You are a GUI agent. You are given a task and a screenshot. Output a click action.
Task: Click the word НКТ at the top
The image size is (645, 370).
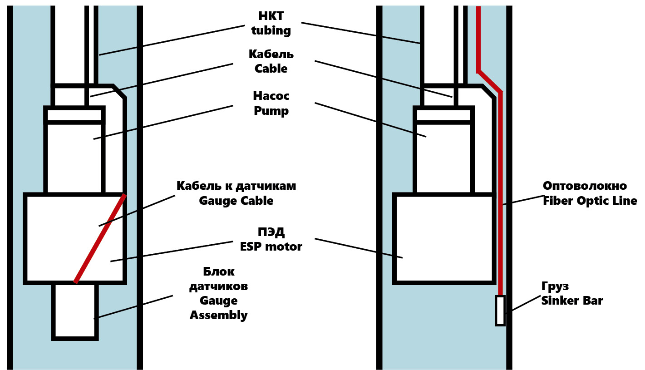(271, 16)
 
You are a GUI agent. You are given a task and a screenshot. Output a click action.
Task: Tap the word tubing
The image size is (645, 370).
(271, 30)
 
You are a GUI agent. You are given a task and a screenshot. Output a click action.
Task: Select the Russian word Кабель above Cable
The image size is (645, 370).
(271, 54)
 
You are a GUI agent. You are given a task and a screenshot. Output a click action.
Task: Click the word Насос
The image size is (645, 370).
(271, 96)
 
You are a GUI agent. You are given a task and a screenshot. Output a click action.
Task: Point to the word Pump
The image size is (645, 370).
(271, 111)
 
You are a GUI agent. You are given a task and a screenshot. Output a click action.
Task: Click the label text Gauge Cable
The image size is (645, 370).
(236, 200)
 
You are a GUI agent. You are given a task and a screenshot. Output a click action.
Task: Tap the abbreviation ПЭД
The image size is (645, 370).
(271, 232)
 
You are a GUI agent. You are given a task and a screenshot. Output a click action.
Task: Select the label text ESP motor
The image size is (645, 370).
(271, 247)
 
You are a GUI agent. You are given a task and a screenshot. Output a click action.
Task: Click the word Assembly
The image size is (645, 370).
(218, 315)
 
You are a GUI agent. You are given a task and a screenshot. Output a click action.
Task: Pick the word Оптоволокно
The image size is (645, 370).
(585, 186)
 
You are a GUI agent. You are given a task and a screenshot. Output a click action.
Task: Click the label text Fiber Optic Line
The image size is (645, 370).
(590, 200)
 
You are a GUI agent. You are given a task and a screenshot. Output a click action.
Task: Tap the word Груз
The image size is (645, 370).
(555, 286)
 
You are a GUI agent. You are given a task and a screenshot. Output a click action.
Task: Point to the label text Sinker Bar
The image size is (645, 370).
(572, 300)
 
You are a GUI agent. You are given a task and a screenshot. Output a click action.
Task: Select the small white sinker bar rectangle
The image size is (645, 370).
(500, 311)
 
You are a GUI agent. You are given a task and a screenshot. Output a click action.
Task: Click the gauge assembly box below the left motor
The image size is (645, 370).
(75, 311)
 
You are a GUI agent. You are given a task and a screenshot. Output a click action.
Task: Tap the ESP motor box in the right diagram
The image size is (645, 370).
(444, 238)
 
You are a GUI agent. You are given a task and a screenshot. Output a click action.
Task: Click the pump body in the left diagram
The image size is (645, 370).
(74, 157)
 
